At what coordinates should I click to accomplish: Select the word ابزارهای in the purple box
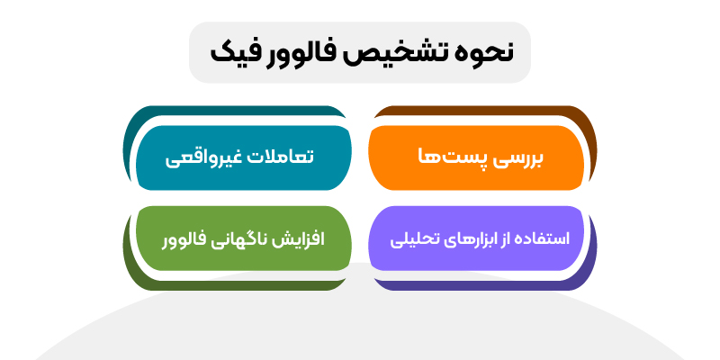464,239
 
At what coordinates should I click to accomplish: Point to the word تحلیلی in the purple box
413,240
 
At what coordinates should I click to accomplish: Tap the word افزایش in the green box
301,239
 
